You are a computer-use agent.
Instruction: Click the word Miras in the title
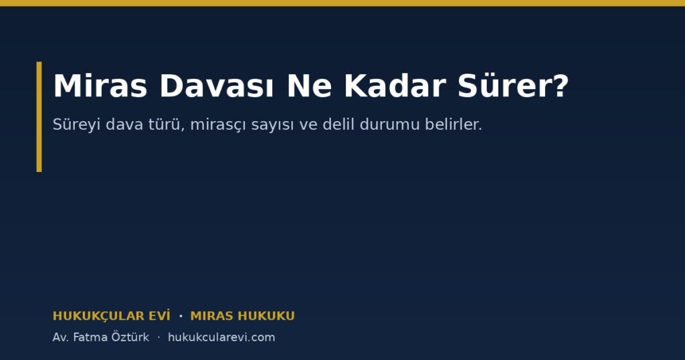(100, 86)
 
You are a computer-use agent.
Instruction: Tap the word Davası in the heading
(217, 86)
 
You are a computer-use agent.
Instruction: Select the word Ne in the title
(309, 86)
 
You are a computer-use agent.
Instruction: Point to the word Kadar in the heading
(395, 86)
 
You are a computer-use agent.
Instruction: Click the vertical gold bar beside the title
(39, 116)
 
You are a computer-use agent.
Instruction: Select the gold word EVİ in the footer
(163, 315)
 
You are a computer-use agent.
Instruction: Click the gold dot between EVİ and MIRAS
(181, 315)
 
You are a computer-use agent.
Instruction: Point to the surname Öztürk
(130, 337)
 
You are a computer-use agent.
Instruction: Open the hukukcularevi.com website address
(221, 337)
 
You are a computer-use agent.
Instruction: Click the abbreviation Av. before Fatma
(60, 337)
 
